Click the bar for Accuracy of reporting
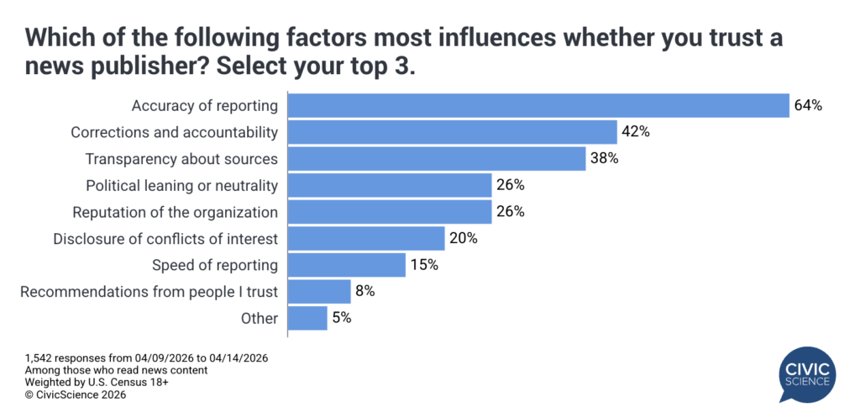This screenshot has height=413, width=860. coord(537,105)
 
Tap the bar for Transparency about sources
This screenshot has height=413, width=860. coord(436,158)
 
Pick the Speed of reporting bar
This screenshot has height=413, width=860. coord(346,265)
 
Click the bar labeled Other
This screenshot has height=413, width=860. coord(307,318)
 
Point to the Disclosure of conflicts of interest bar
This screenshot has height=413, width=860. coord(365,238)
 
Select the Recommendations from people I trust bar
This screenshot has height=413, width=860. coord(318,292)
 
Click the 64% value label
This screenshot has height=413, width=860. coord(808,106)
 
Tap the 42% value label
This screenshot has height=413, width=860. coord(636,132)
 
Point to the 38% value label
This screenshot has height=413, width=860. coord(603,159)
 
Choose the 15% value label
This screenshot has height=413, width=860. coord(424,265)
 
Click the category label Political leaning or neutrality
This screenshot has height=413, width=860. coord(181,185)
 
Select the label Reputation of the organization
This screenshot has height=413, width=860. coord(175,212)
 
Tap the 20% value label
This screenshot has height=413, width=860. coord(463,238)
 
